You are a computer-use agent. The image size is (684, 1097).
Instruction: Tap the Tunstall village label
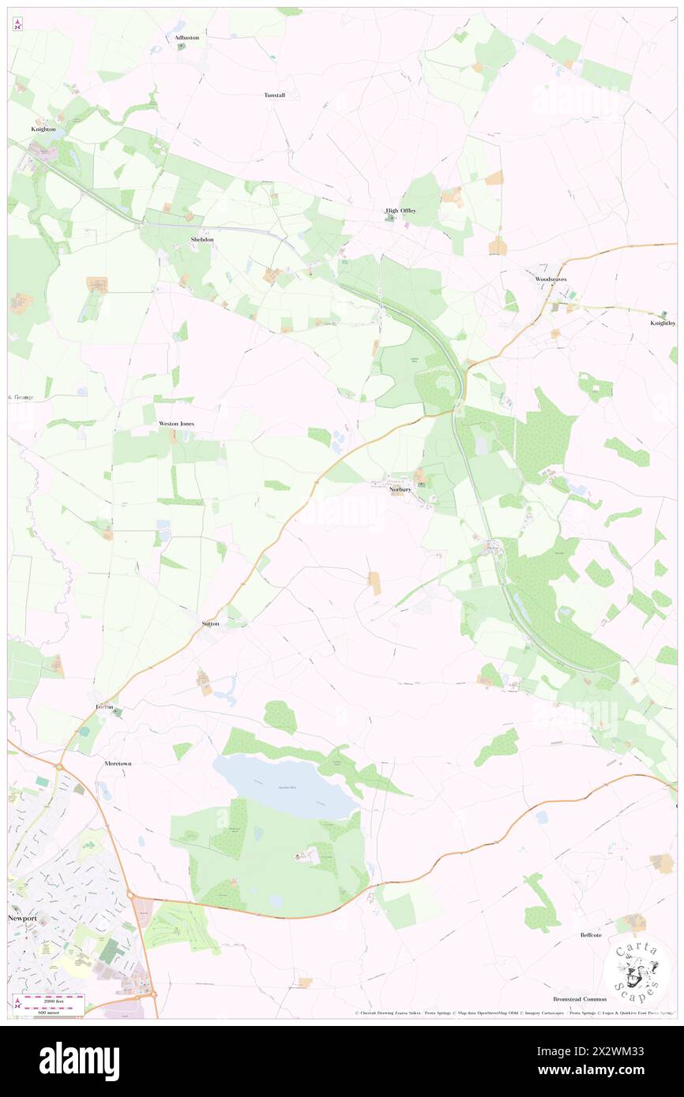274,95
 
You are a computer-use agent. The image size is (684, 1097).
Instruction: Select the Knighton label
43,129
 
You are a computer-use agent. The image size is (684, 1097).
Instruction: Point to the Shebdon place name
201,239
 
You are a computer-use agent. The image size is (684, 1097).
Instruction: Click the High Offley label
400,211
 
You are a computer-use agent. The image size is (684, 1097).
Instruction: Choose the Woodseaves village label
551,279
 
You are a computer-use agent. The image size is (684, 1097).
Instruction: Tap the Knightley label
663,324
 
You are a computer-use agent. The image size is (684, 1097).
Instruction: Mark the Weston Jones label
176,424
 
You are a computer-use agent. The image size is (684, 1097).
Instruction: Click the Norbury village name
401,489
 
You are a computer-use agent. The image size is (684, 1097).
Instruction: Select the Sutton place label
210,623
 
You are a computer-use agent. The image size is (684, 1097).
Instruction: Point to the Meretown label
122,765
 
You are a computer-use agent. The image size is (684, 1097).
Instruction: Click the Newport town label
22,919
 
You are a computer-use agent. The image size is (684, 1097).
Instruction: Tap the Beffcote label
590,935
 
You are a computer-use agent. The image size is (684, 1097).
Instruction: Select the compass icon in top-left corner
17,25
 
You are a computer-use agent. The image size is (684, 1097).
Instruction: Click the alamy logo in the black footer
79,1061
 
